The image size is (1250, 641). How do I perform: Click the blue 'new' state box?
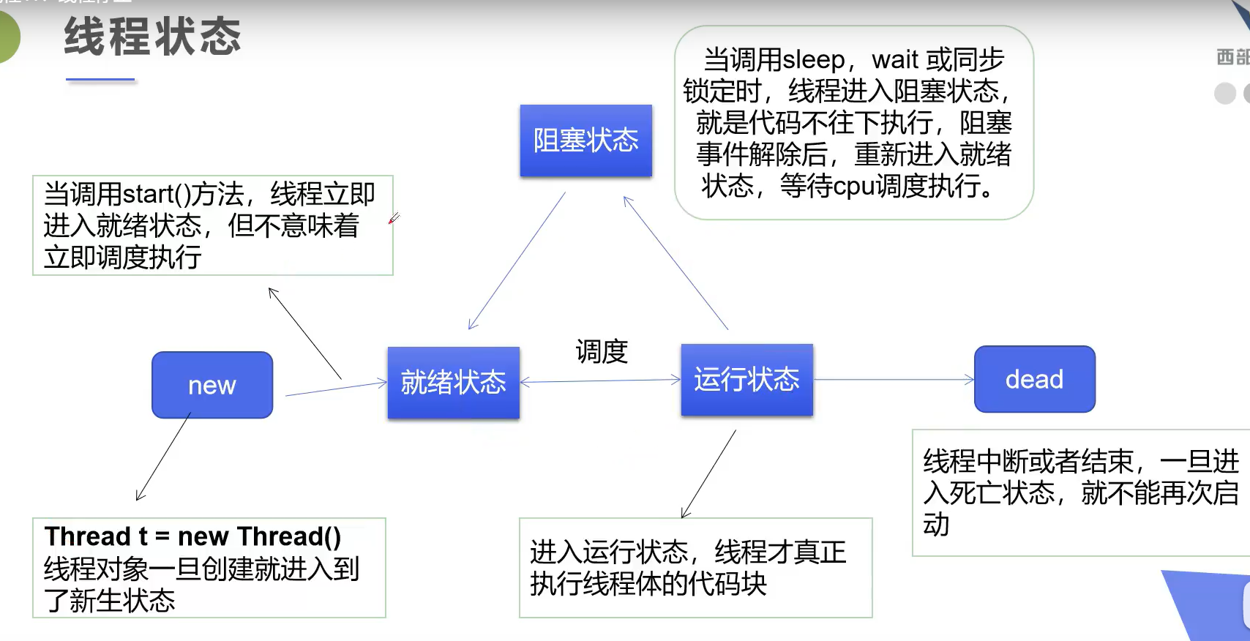point(212,385)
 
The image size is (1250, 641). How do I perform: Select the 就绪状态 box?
point(454,383)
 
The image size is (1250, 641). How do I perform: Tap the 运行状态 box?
point(746,380)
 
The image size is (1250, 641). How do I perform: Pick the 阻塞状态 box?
point(585,140)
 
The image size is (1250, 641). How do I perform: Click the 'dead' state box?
point(1034,379)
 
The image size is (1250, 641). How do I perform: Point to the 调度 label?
point(602,352)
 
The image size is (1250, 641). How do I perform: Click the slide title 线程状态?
point(152,37)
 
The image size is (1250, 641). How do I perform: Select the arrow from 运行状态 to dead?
point(893,380)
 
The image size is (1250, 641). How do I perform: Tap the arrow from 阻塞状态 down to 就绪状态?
point(516,261)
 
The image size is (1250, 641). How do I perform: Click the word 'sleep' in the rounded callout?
point(813,59)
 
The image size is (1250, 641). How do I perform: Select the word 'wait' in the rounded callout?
point(895,59)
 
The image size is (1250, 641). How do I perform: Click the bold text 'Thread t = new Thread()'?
point(192,536)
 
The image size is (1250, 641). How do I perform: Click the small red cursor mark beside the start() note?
point(394,218)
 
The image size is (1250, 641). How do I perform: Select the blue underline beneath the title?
point(100,79)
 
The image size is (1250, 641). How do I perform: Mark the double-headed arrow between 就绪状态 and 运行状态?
point(600,381)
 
